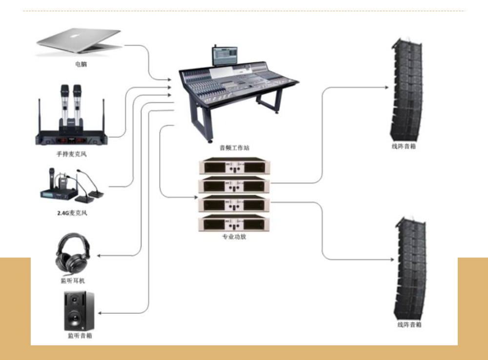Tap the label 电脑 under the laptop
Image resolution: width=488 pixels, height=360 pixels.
[x=81, y=64]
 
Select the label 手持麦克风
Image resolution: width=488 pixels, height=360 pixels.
[x=72, y=154]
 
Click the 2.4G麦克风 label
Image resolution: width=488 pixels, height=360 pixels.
[x=72, y=213]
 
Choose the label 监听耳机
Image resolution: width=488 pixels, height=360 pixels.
[x=73, y=280]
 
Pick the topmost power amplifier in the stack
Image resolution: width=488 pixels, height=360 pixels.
[x=234, y=167]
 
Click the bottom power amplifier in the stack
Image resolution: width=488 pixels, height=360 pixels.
[x=234, y=223]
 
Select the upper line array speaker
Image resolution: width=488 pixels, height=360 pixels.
[x=406, y=90]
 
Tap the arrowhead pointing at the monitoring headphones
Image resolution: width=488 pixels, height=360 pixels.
[x=99, y=256]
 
